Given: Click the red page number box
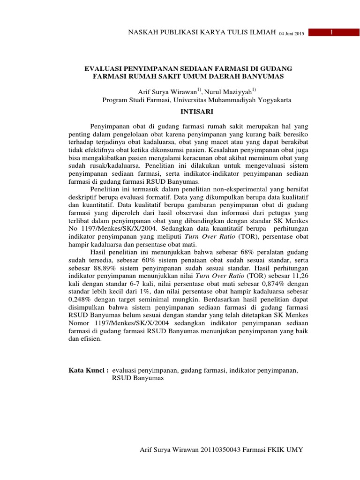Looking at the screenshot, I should [x=331, y=32].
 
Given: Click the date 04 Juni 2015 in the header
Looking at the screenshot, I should [x=292, y=34].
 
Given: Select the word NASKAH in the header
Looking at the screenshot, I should [x=143, y=33].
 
